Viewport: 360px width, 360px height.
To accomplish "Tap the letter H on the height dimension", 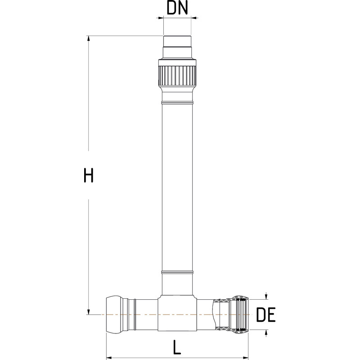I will (89, 175).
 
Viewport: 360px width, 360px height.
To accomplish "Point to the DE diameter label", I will (265, 315).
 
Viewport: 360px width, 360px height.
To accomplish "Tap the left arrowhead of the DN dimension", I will (159, 18).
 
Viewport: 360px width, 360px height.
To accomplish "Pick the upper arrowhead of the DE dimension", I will (267, 296).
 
